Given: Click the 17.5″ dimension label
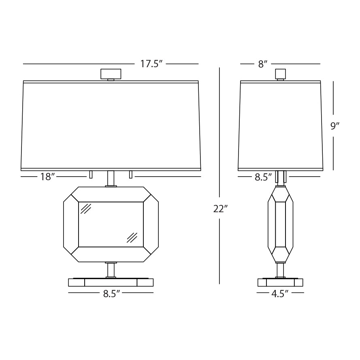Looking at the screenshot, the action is (x=151, y=64).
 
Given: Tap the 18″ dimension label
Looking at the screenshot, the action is (x=47, y=177).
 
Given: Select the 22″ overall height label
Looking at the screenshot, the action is (x=220, y=209).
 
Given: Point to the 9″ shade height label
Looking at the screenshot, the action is (x=335, y=126).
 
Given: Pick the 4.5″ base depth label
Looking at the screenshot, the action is (x=280, y=294).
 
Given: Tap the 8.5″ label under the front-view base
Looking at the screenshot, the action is (x=112, y=294).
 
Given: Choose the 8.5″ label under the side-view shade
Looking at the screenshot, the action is (x=263, y=177).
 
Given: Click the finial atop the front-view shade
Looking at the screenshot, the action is (x=111, y=74).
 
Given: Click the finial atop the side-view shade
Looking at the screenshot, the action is (x=280, y=74).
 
